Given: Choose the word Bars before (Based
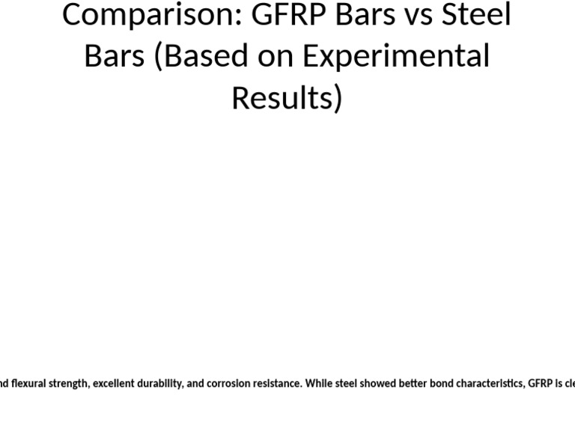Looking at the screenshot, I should (x=115, y=56).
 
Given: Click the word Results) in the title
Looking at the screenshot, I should (x=287, y=97).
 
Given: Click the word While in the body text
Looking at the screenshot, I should (x=317, y=384).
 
